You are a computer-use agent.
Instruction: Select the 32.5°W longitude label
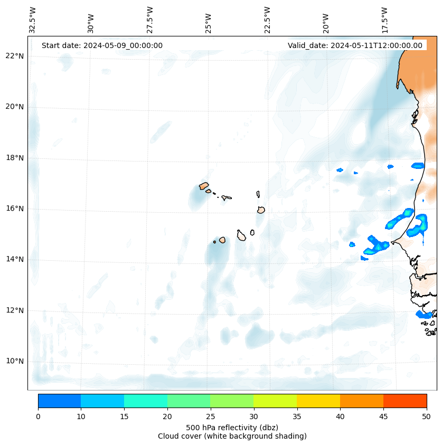[33, 20]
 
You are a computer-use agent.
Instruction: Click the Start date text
[102, 45]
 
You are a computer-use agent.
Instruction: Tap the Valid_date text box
[355, 45]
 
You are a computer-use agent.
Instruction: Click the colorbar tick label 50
[426, 417]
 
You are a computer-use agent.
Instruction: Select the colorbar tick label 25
[210, 417]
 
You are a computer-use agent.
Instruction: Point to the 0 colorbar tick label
[38, 417]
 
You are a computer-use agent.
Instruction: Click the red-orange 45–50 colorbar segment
[405, 401]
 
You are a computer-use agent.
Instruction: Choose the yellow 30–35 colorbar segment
[275, 401]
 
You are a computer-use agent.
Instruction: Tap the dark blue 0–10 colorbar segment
[59, 401]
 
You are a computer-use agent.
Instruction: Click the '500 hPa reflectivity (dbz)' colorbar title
[232, 427]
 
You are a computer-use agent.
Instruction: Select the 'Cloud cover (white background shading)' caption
[232, 436]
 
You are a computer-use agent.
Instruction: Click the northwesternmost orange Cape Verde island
[204, 186]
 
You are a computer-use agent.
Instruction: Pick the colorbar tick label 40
[340, 417]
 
